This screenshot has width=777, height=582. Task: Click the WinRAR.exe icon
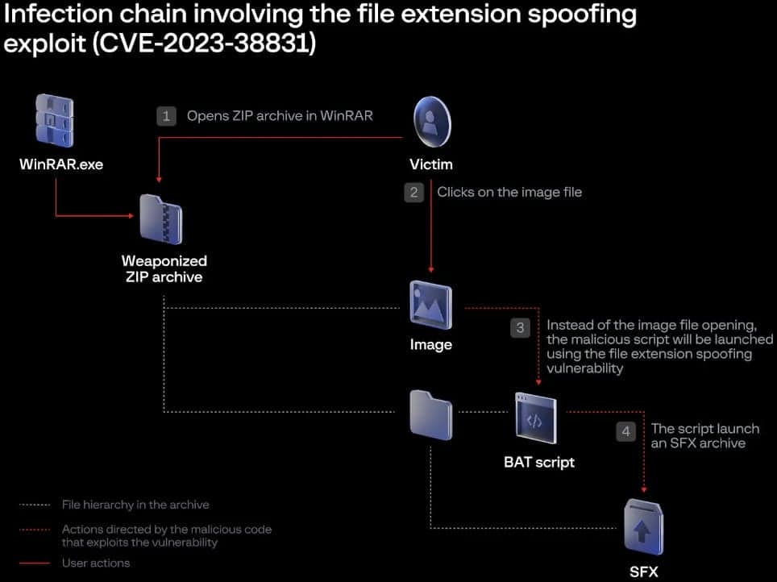(55, 120)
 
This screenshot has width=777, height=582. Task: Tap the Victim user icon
(432, 122)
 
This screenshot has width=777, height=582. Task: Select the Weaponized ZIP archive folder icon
(160, 219)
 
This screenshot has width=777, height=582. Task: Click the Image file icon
(430, 305)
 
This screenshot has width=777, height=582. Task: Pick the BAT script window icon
(536, 418)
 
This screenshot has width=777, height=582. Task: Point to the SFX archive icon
(643, 527)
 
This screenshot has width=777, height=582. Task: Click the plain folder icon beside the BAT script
(430, 415)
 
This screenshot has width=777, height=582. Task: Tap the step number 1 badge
(167, 116)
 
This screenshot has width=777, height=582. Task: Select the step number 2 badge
(413, 193)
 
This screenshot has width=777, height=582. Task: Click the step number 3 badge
(520, 328)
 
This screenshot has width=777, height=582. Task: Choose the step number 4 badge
(625, 431)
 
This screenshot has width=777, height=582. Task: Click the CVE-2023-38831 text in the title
(204, 44)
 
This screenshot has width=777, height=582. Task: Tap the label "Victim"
(431, 164)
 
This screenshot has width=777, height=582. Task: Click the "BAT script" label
(539, 462)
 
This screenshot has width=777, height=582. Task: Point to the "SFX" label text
(644, 572)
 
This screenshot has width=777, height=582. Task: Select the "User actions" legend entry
(96, 563)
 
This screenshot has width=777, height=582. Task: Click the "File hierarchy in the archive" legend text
(135, 505)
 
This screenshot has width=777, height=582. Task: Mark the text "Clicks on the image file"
(509, 193)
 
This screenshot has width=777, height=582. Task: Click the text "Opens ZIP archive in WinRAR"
(280, 116)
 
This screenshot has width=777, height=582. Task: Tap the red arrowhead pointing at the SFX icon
(644, 490)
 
